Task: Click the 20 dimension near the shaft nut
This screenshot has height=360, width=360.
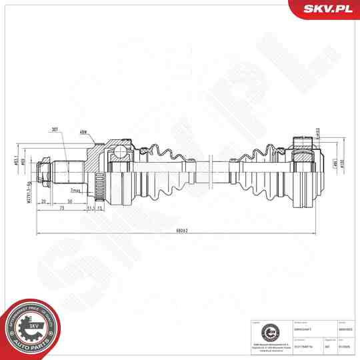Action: [44, 201]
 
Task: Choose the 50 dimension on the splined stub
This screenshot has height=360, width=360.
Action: [69, 201]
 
